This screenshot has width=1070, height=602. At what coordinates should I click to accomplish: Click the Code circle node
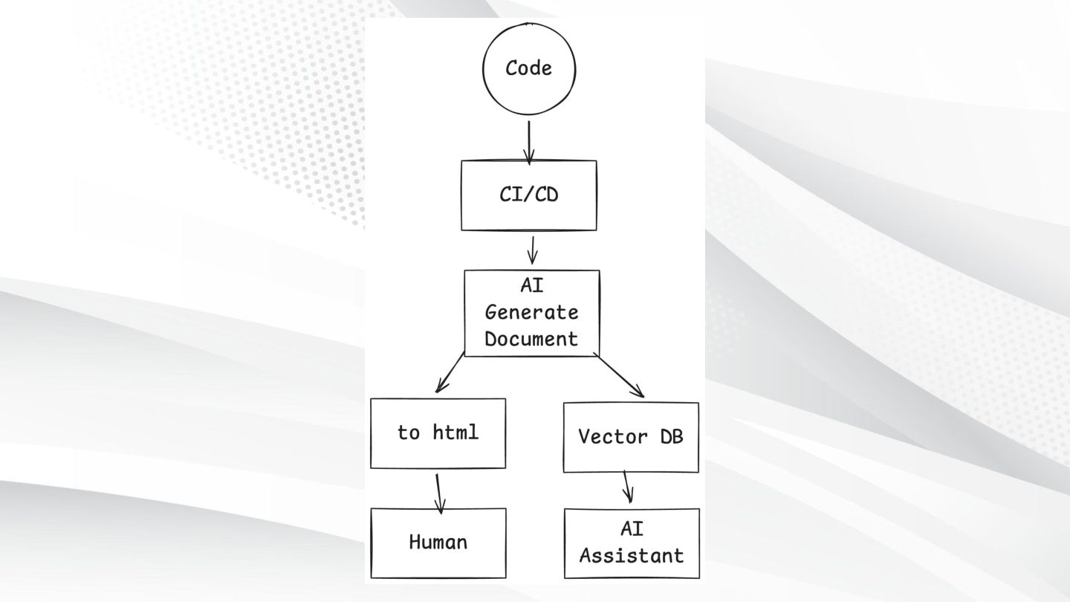pyautogui.click(x=528, y=68)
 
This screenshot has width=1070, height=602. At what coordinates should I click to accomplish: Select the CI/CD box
pyautogui.click(x=528, y=195)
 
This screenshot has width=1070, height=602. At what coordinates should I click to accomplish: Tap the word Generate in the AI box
pyautogui.click(x=531, y=313)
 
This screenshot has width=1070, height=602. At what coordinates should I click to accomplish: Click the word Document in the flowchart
pyautogui.click(x=531, y=339)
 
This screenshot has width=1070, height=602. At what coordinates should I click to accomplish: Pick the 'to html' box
pyautogui.click(x=438, y=433)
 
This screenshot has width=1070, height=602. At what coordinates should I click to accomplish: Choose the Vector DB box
pyautogui.click(x=631, y=437)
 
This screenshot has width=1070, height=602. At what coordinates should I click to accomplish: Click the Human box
pyautogui.click(x=438, y=543)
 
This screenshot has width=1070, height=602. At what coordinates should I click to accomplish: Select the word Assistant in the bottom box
pyautogui.click(x=632, y=556)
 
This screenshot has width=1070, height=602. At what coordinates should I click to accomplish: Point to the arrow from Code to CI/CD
pyautogui.click(x=529, y=141)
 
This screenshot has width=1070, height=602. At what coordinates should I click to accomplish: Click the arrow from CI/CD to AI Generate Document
pyautogui.click(x=532, y=250)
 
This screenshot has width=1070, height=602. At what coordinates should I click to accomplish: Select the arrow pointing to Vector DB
pyautogui.click(x=621, y=378)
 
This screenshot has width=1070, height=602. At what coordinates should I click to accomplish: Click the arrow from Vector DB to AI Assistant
pyautogui.click(x=628, y=487)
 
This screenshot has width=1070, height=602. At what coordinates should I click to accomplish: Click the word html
pyautogui.click(x=455, y=432)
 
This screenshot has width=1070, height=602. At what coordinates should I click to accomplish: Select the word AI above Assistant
pyautogui.click(x=632, y=529)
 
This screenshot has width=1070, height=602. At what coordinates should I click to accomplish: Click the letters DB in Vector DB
pyautogui.click(x=670, y=437)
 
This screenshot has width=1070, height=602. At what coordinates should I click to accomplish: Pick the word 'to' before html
pyautogui.click(x=409, y=433)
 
